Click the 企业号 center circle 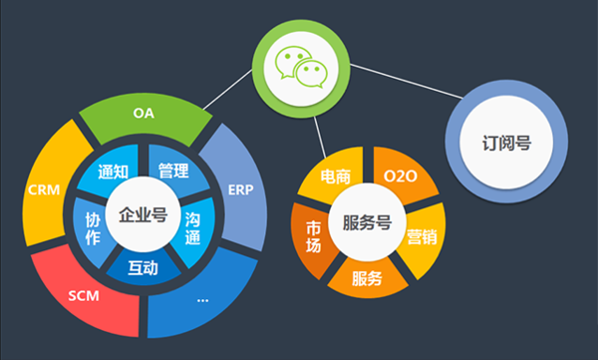142,215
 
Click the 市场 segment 313,237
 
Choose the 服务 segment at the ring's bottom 367,278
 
